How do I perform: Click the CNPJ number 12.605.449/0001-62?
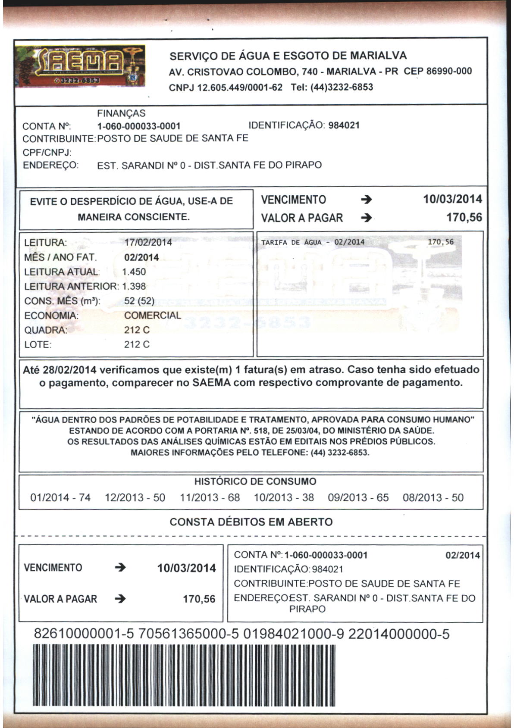pos(240,87)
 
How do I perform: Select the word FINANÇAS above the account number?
pos(121,113)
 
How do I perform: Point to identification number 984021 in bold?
pos(344,125)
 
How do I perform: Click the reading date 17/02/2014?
pos(148,242)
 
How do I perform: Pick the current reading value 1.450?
pos(134,272)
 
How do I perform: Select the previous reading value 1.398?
pos(134,287)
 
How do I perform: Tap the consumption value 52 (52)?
pos(139,301)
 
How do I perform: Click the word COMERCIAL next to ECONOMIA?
pos(153,316)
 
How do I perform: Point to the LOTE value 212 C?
pos(137,345)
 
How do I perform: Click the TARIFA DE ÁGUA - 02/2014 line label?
pos(313,242)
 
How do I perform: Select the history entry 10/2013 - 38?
pos(284,498)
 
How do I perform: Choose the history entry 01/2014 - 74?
pos(60,498)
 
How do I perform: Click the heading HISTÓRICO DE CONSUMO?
pos(255,481)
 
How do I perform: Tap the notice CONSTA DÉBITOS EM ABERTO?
pos(251,522)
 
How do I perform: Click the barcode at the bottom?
pos(183,675)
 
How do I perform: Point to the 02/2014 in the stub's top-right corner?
pos(462,555)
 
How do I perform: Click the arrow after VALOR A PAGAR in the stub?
pos(121,599)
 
